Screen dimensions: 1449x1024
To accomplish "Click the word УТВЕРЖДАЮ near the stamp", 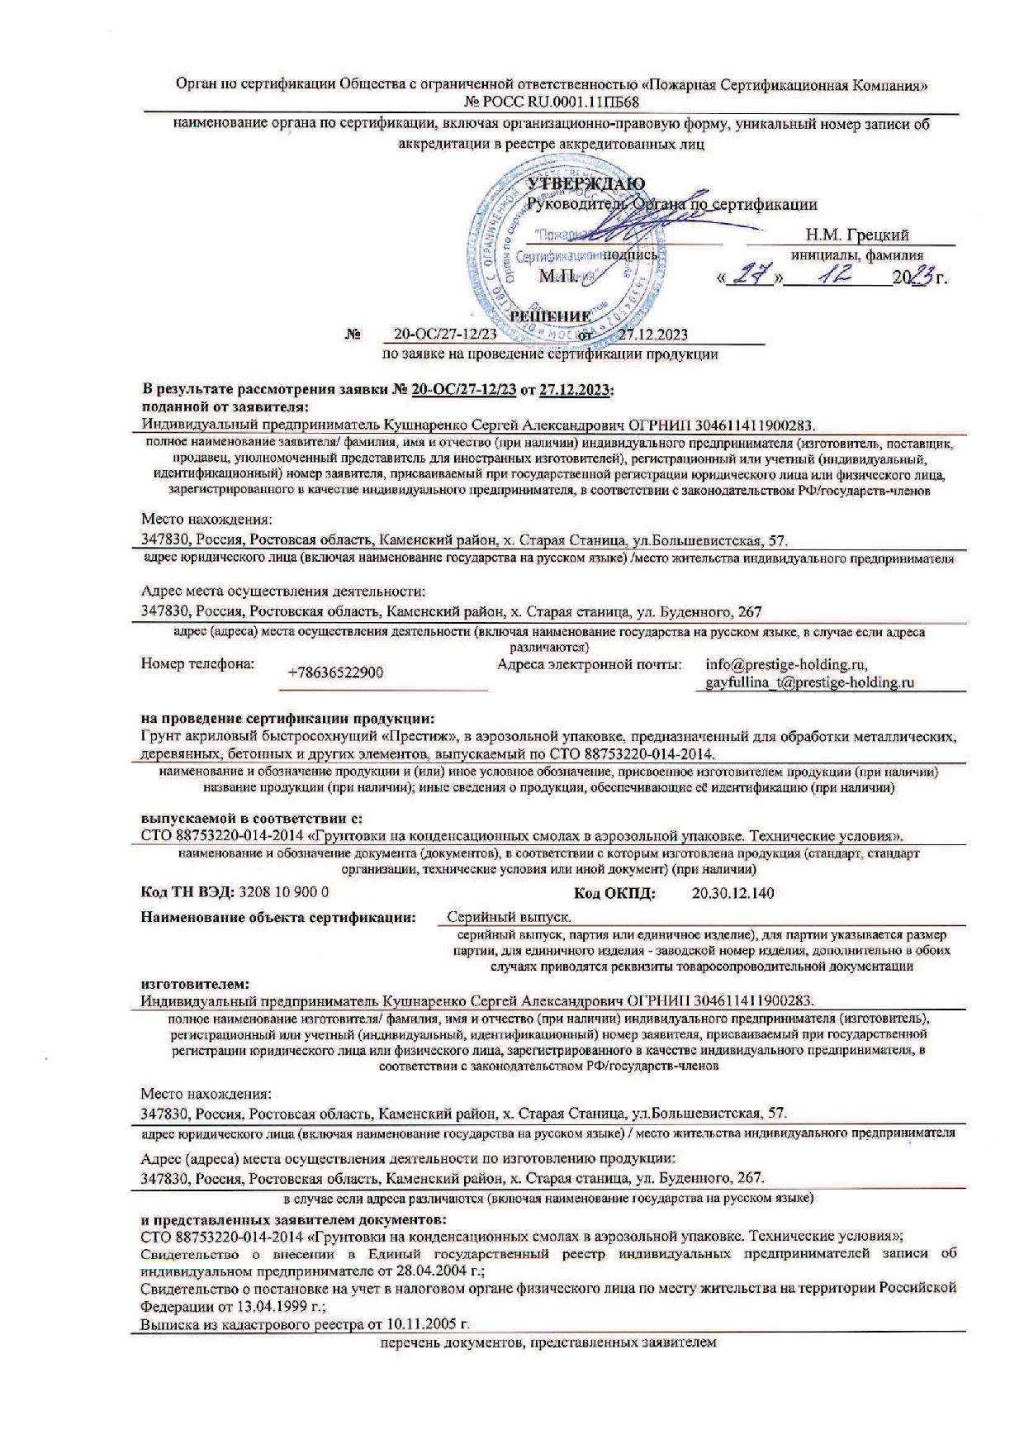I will tap(586, 183).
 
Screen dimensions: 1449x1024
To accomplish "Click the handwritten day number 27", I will tap(751, 278).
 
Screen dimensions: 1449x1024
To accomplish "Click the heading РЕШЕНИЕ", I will tap(551, 316).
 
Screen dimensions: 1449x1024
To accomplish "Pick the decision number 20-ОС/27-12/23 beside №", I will tap(445, 335).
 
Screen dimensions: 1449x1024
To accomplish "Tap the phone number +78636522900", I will tap(335, 672).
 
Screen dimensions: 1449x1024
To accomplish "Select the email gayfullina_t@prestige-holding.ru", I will tap(810, 682).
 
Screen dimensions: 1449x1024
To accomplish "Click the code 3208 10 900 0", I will tap(283, 893).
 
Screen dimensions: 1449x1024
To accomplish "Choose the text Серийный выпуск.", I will tap(510, 917).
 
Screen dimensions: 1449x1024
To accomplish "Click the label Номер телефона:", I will tap(198, 663).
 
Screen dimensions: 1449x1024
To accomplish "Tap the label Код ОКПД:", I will tap(615, 893).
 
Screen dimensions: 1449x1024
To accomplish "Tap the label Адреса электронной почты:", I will tap(590, 663).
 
